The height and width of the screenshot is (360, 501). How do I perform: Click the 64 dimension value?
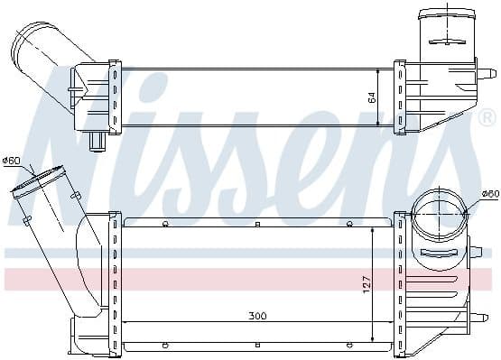coord(372,97)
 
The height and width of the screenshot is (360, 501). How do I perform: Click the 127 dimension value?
coord(366,284)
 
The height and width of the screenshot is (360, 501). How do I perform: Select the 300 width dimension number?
coord(257,316)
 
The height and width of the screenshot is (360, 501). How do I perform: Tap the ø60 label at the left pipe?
coord(11,161)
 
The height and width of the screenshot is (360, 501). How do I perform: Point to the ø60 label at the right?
coord(490,193)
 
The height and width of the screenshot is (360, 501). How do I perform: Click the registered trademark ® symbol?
coord(487,117)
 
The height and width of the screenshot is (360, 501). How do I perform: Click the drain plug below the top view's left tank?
coord(97,142)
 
